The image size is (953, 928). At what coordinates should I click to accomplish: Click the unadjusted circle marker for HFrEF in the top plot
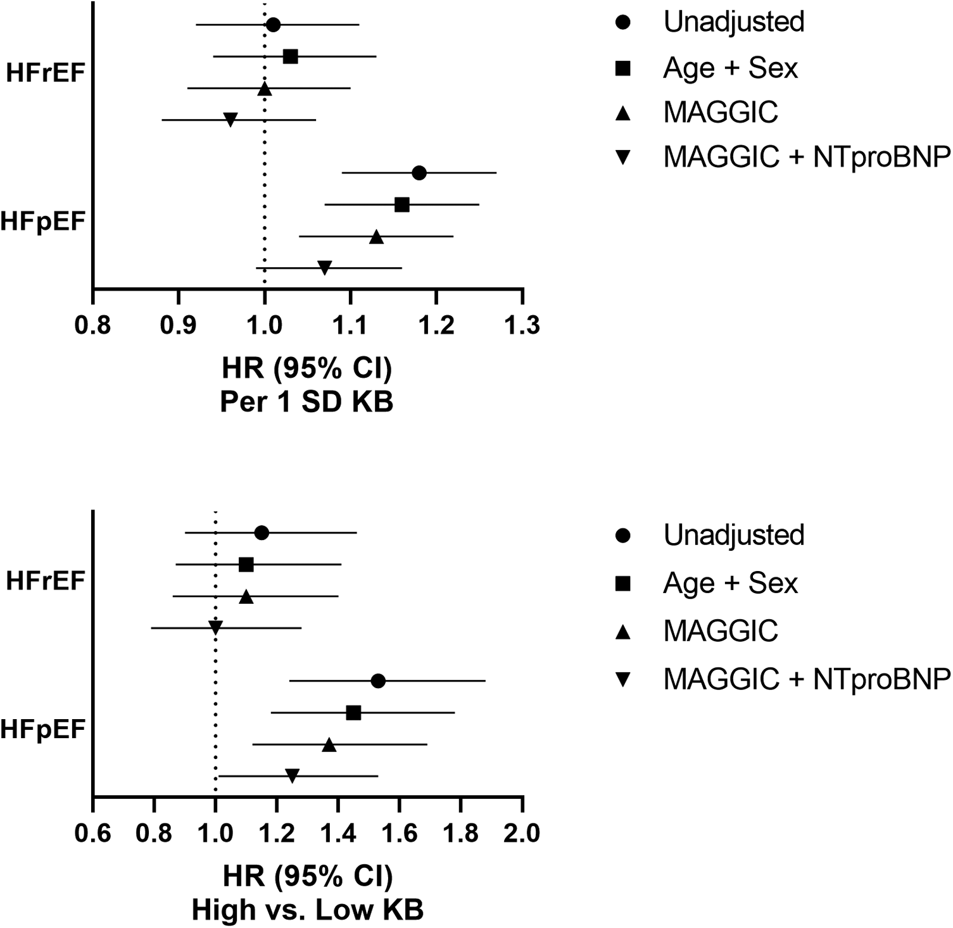coord(273,25)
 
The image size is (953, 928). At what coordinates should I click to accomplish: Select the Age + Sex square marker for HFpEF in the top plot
coord(401,205)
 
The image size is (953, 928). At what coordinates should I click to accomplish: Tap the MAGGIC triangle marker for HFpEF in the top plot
coord(376,237)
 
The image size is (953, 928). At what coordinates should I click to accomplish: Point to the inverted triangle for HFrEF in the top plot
coord(230,120)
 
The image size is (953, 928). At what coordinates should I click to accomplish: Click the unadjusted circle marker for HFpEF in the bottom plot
coord(378,681)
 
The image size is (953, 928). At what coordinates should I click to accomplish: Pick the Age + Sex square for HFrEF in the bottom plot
coord(246,565)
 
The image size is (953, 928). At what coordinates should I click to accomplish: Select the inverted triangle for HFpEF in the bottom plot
coord(292,776)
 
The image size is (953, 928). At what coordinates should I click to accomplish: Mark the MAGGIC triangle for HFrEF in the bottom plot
coord(246,596)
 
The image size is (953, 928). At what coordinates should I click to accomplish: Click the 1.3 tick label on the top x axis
coord(522,325)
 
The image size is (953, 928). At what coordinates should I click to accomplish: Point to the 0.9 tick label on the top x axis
coord(179,325)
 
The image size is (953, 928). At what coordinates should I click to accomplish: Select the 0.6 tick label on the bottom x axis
coord(93,833)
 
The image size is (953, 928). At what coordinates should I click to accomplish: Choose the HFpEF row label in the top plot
coord(43,222)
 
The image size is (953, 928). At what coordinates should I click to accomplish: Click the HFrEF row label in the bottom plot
coord(46,580)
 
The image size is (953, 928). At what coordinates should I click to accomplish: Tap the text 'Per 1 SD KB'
coord(307,402)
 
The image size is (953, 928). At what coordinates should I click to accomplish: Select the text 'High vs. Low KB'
coord(308,910)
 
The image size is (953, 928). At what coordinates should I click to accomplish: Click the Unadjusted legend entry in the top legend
coord(733,22)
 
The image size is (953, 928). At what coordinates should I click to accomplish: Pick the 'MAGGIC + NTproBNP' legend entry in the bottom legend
coord(806,679)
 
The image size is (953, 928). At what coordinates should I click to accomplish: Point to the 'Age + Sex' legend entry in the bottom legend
coord(730,583)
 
